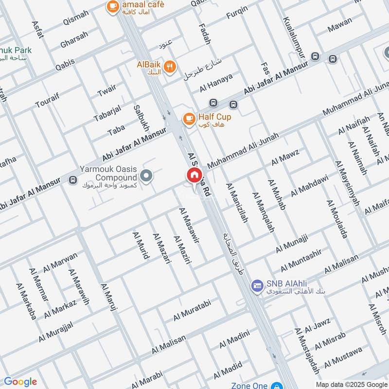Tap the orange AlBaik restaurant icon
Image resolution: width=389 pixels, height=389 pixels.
coord(169,67)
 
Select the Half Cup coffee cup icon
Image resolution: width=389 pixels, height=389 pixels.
coord(188,118)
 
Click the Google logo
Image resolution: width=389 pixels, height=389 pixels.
coord(20,381)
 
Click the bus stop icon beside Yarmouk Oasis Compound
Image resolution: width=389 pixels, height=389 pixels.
coord(73,180)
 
